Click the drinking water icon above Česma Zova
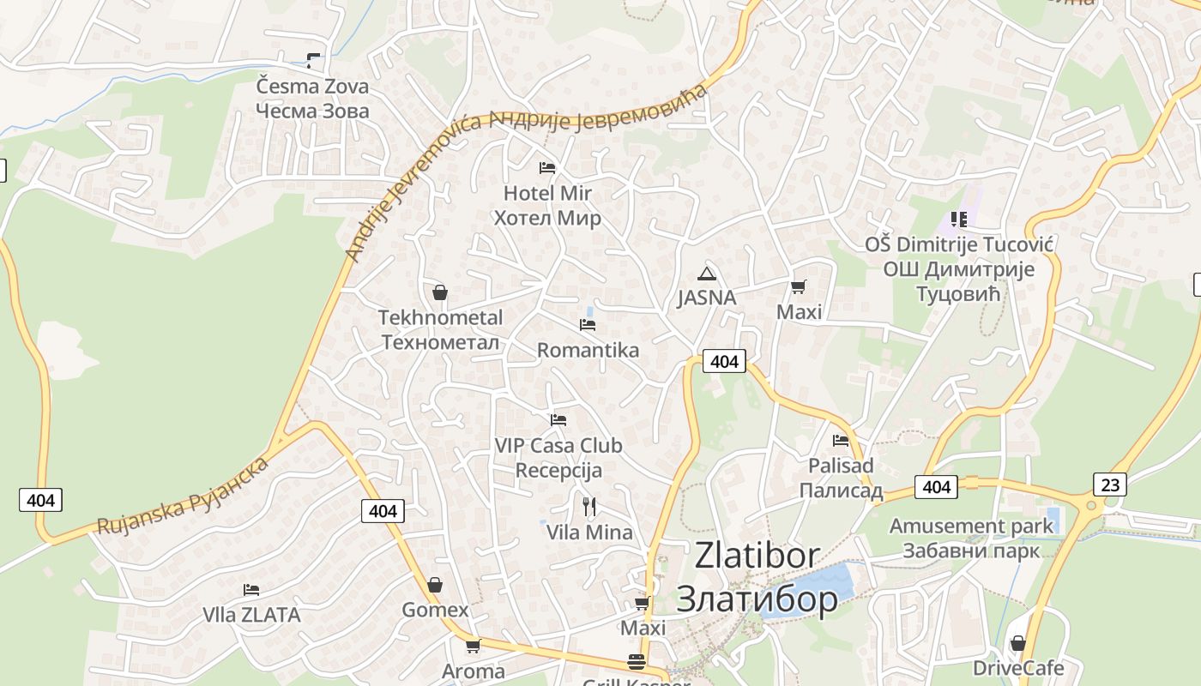click(313, 60)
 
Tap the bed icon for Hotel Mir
click(547, 167)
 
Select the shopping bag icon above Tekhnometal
click(440, 292)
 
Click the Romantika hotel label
click(588, 350)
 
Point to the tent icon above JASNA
click(706, 274)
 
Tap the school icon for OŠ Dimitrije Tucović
click(958, 220)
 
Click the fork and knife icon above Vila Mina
click(589, 507)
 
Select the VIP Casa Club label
click(558, 446)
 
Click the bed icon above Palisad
click(841, 441)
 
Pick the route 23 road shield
click(1110, 484)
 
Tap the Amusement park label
click(971, 526)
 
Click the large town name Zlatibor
click(757, 556)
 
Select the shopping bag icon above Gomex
click(435, 585)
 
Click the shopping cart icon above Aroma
click(472, 646)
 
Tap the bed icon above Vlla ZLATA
click(251, 590)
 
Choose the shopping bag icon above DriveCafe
click(1018, 643)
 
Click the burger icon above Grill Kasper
click(636, 662)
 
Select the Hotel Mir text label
click(547, 193)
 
